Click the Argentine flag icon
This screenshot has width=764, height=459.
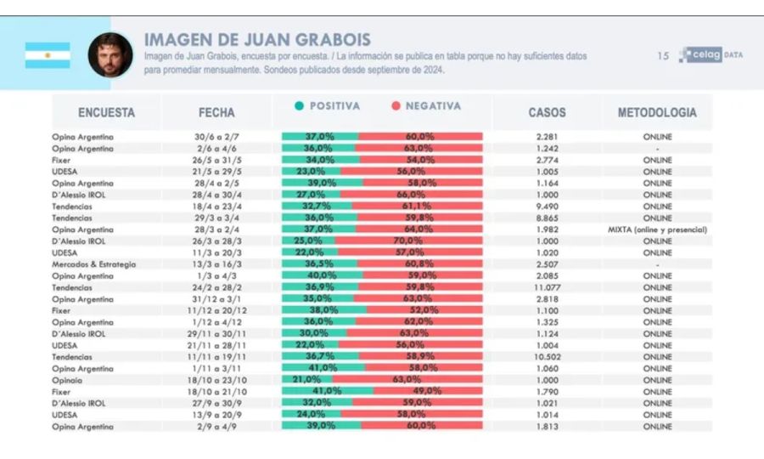point(48,55)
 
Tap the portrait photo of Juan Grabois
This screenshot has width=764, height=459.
point(110,55)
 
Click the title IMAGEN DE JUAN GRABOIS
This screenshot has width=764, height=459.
point(257,40)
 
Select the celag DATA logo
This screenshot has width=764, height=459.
point(710,55)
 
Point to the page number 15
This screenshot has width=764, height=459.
point(663,56)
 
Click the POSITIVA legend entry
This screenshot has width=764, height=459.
point(328,106)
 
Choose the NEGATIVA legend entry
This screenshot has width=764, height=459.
point(426,106)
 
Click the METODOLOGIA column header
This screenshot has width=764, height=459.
point(657,112)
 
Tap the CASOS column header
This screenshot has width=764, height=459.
point(547,112)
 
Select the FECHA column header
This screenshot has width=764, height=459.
point(216,112)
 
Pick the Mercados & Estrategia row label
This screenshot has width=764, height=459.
point(93,264)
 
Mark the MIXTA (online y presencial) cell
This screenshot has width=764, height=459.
point(657,229)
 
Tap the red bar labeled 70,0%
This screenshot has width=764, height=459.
point(409,241)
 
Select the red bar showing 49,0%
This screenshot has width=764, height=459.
point(428,392)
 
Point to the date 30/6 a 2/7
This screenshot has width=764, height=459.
point(216,136)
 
